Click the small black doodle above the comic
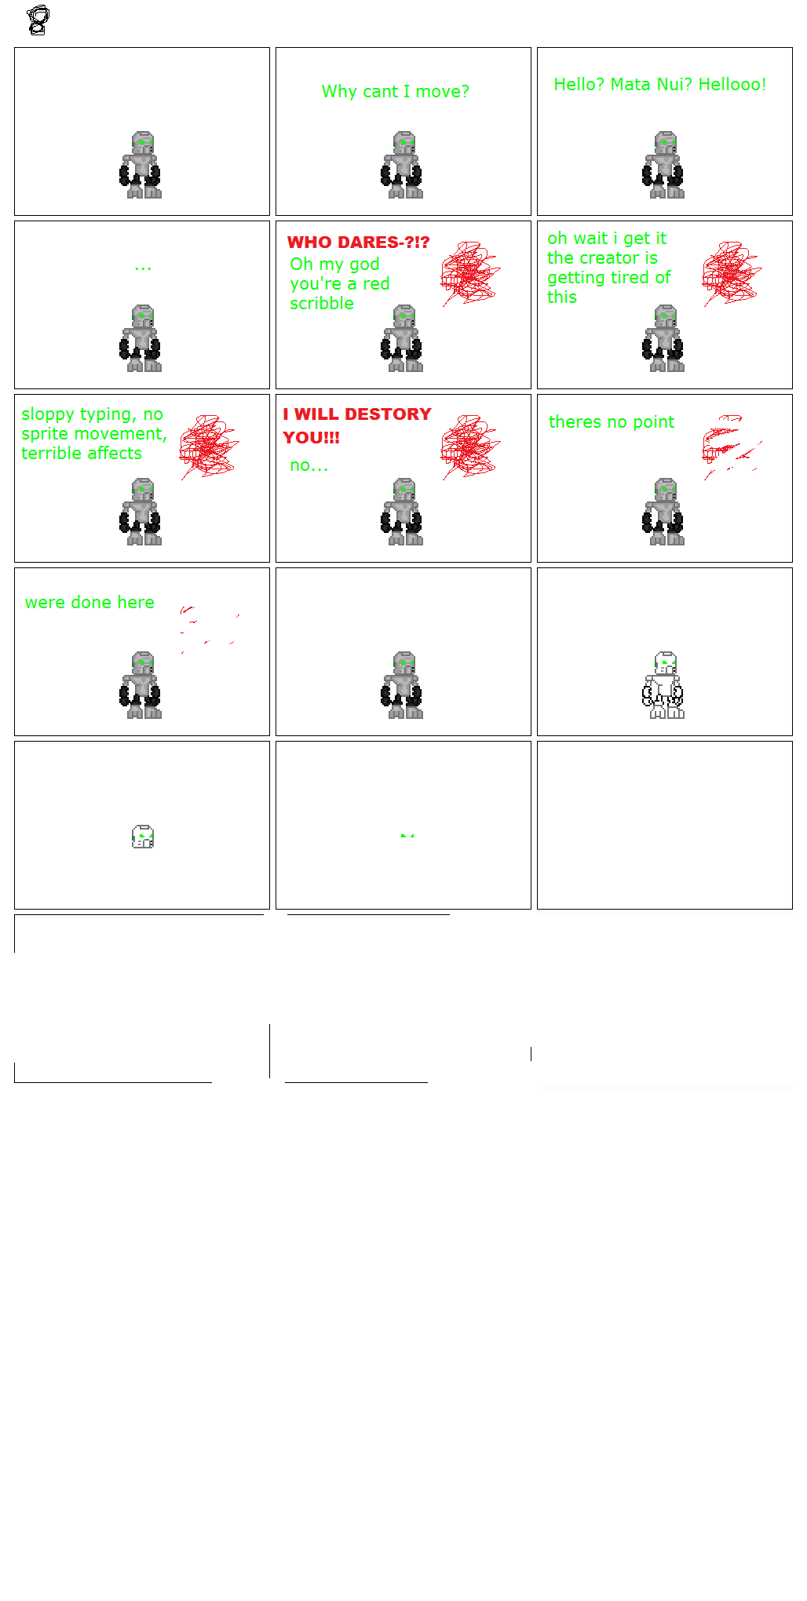(x=38, y=20)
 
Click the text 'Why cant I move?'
(x=395, y=92)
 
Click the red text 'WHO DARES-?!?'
(x=358, y=243)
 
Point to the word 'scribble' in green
(x=322, y=304)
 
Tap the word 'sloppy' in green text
(x=48, y=414)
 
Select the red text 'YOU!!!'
(x=311, y=438)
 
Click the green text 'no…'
(x=309, y=465)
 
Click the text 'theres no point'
(x=611, y=422)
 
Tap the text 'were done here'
(x=89, y=603)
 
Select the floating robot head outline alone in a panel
(x=143, y=837)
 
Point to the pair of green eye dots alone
(x=407, y=836)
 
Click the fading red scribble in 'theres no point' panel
(x=730, y=447)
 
